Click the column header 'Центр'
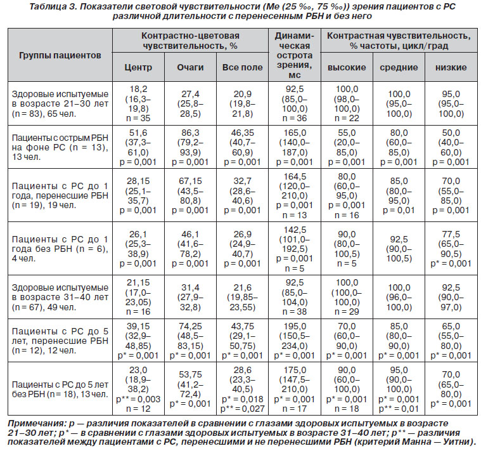[x=138, y=67]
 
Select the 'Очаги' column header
[x=190, y=67]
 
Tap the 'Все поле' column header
[x=242, y=67]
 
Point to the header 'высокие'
[x=347, y=67]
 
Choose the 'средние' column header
[x=399, y=67]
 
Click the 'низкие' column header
[x=451, y=67]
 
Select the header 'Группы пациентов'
[x=60, y=55]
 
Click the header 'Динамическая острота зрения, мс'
[x=295, y=55]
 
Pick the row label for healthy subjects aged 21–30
[x=60, y=103]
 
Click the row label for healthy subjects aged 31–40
[x=60, y=297]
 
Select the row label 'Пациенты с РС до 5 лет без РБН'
[x=60, y=389]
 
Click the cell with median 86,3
[x=190, y=147]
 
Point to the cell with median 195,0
[x=295, y=341]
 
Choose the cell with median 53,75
[x=190, y=389]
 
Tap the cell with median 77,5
[x=451, y=249]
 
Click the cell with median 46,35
[x=242, y=147]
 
